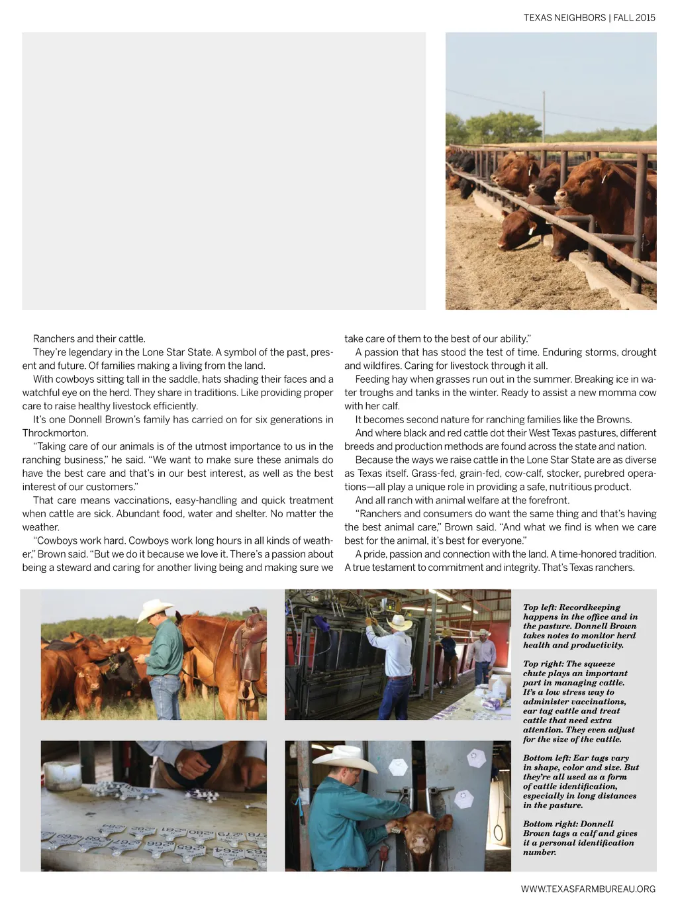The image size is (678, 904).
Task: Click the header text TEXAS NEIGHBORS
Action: (x=564, y=18)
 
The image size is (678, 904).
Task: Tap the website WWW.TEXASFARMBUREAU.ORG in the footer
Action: (x=588, y=889)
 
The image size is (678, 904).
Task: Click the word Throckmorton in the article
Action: (x=55, y=433)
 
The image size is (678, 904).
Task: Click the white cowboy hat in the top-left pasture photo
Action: (x=155, y=609)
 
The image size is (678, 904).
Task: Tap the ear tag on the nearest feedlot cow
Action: (x=603, y=178)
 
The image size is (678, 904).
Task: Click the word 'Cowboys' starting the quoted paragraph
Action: (x=59, y=540)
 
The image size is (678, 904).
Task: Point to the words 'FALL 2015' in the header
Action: (x=634, y=18)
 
